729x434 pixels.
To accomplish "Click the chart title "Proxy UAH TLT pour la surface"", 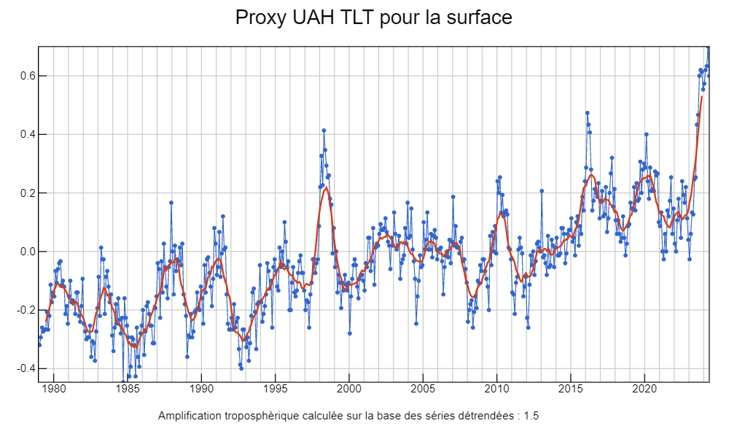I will pos(373,18).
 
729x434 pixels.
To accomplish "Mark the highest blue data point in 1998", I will pos(324,131).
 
